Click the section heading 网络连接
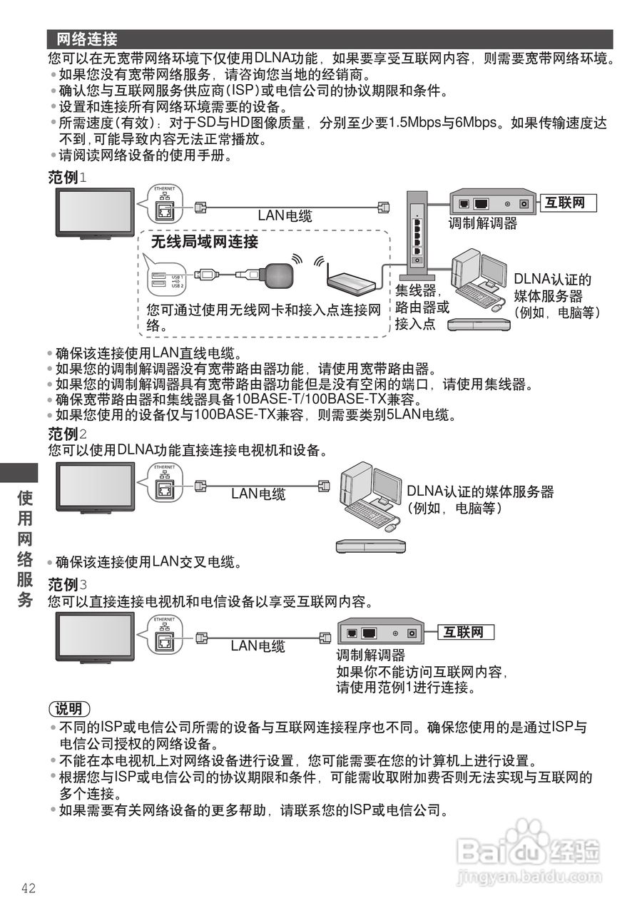coord(87,39)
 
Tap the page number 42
coord(29,888)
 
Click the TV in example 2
coord(96,487)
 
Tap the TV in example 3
coord(96,636)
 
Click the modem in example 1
coord(493,203)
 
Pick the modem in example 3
coord(380,633)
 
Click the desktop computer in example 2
coord(370,496)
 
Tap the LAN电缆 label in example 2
coord(258,494)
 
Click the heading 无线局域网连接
coord(204,242)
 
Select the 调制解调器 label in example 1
coord(483,223)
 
